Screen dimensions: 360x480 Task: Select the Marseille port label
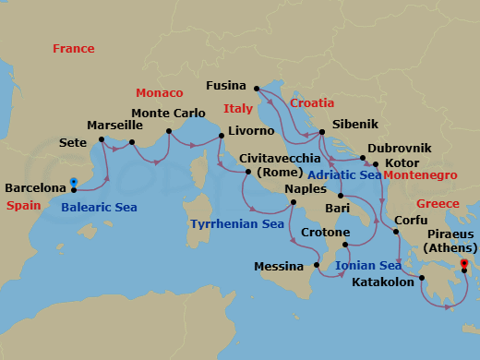pyautogui.click(x=114, y=125)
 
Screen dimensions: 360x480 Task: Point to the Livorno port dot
pyautogui.click(x=222, y=138)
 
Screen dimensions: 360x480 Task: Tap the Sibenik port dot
pyautogui.click(x=320, y=133)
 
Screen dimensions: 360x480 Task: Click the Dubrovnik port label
pyautogui.click(x=400, y=148)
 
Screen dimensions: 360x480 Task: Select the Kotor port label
pyautogui.click(x=394, y=163)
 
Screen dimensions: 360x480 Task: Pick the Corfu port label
pyautogui.click(x=411, y=221)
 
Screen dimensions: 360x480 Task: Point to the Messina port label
pyautogui.click(x=279, y=267)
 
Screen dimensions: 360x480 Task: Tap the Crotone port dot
pyautogui.click(x=345, y=246)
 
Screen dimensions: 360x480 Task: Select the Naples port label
pyautogui.click(x=306, y=188)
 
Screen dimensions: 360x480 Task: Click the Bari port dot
pyautogui.click(x=341, y=196)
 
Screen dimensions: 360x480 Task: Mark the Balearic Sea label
pyautogui.click(x=99, y=208)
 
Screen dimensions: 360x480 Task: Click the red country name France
pyautogui.click(x=74, y=48)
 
